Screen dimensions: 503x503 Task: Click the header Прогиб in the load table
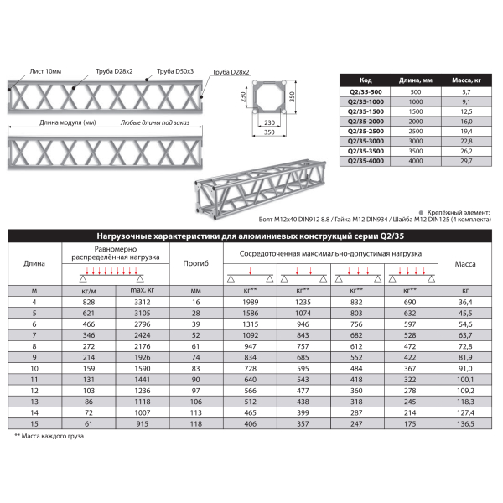(x=196, y=264)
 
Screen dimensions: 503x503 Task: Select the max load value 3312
(x=139, y=301)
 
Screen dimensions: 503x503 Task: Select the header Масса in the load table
(x=465, y=264)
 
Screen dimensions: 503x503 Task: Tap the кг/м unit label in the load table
(x=86, y=289)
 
